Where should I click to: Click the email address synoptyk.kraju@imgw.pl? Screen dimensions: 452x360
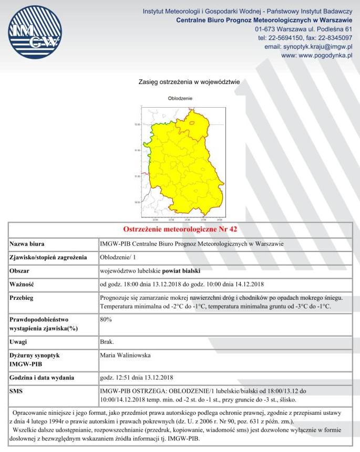(308, 47)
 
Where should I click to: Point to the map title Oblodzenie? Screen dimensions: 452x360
(180, 98)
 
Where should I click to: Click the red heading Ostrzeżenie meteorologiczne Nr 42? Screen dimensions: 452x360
(180, 230)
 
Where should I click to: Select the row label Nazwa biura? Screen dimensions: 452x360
(27, 244)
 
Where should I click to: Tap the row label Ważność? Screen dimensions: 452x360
(22, 285)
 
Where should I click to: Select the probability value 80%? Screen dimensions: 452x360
(106, 319)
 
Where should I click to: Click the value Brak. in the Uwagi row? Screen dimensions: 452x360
(107, 342)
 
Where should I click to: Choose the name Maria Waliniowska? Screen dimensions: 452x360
(126, 355)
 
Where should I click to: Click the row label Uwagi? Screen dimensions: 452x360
(20, 342)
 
